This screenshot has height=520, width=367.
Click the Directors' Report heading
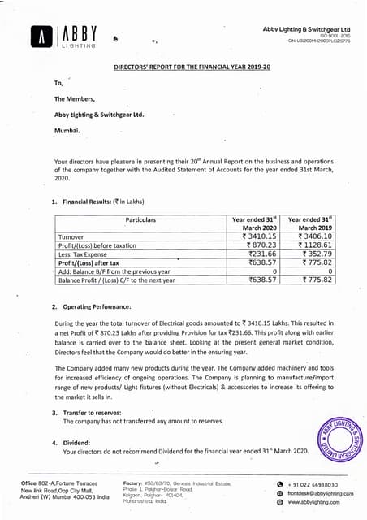coord(183,71)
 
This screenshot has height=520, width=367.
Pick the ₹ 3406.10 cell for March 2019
coord(311,236)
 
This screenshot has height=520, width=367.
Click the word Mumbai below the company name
coord(67,130)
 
